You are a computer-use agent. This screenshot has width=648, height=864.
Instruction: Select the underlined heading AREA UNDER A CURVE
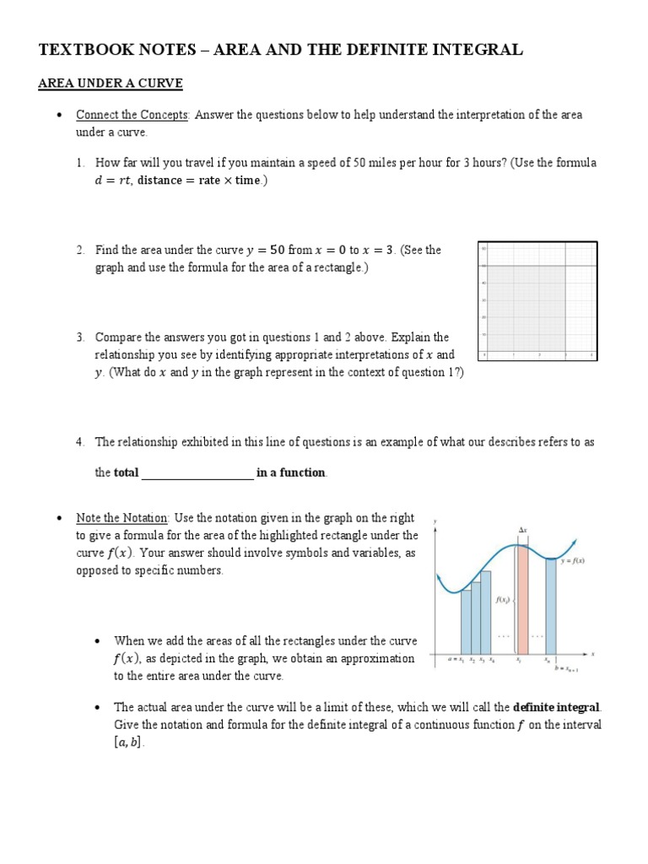pos(111,84)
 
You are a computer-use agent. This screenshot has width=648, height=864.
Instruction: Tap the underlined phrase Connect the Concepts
pos(132,115)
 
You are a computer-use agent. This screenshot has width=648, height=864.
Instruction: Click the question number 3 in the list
pos(80,337)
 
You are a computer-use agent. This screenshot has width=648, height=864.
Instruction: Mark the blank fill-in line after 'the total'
pos(197,473)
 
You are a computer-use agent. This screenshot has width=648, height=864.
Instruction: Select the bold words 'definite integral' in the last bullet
pos(556,707)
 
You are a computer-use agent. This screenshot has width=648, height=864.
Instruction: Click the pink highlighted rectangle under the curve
pos(522,600)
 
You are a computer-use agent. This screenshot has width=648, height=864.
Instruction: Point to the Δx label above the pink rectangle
pos(522,530)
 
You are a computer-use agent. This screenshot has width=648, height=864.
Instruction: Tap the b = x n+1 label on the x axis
pos(566,668)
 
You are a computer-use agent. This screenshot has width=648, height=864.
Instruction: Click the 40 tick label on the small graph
pos(483,283)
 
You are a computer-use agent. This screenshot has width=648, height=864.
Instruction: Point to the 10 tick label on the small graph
pos(483,335)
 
